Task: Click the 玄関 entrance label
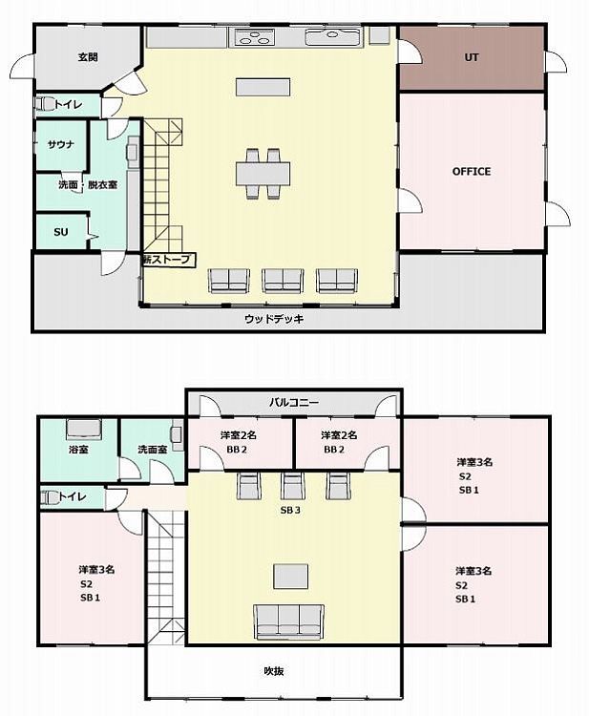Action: (89, 57)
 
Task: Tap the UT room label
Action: (472, 57)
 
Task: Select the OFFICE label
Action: (472, 171)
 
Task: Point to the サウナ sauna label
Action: (61, 145)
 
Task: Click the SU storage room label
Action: (61, 232)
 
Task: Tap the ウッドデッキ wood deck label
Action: (274, 319)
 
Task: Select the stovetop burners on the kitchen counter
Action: (254, 37)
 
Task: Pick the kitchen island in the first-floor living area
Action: (263, 87)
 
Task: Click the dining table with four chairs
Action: (263, 174)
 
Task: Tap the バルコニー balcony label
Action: (294, 402)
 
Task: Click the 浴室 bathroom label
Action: (78, 450)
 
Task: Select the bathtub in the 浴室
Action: (84, 429)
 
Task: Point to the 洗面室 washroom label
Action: (153, 450)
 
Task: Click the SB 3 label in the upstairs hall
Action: (290, 510)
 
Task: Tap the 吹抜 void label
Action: (274, 671)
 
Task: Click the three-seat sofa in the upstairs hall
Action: (289, 621)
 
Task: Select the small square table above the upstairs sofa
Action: (291, 577)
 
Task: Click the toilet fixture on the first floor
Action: (44, 104)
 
